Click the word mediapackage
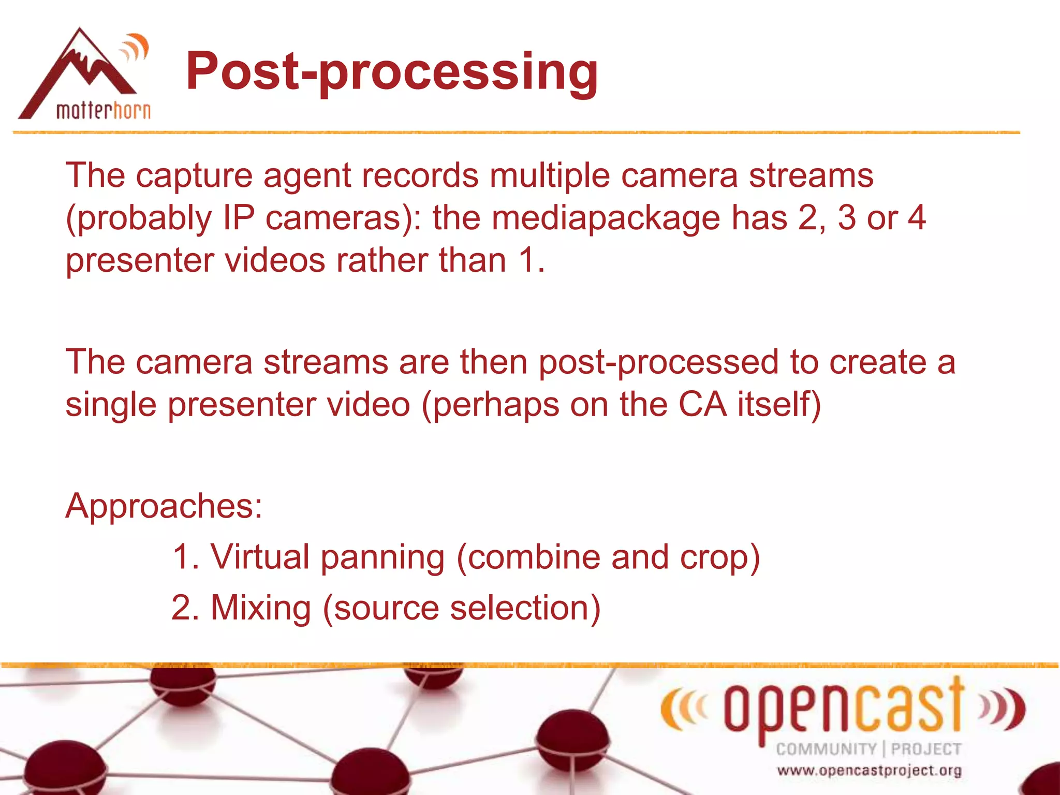click(606, 217)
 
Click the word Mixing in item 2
click(260, 608)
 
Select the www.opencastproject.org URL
click(869, 771)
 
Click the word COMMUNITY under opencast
click(826, 749)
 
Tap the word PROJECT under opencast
click(926, 749)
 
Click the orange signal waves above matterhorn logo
click(135, 48)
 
